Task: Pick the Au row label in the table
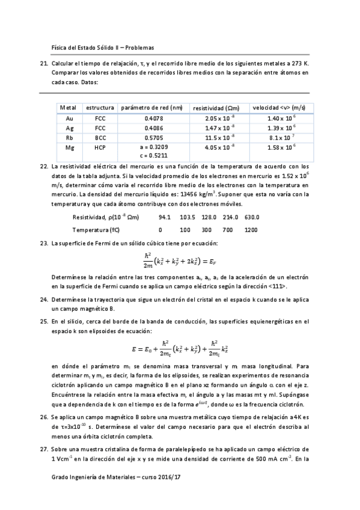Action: (69, 118)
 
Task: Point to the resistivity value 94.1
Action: (165, 217)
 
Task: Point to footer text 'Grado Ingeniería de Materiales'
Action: (91, 493)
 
